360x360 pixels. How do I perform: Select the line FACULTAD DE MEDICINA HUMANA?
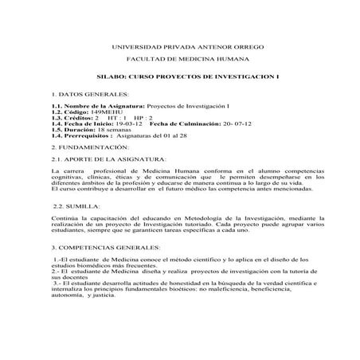(x=179, y=59)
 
